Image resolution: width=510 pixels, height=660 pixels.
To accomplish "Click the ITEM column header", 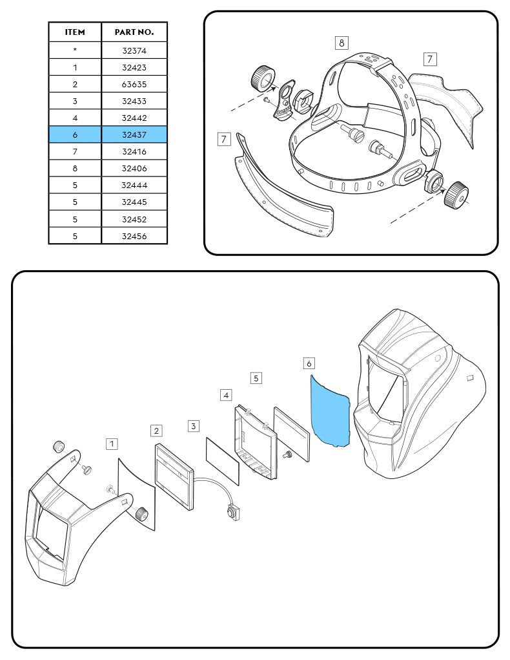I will pyautogui.click(x=75, y=32).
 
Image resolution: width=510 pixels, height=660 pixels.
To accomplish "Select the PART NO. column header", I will pyautogui.click(x=134, y=32).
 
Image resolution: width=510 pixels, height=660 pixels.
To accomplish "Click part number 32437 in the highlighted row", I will pyautogui.click(x=134, y=135).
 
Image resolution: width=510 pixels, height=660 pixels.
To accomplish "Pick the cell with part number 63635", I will pyautogui.click(x=134, y=84).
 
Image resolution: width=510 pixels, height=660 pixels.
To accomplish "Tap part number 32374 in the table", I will pyautogui.click(x=134, y=50).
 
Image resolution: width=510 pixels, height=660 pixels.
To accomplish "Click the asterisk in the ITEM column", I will pyautogui.click(x=75, y=50).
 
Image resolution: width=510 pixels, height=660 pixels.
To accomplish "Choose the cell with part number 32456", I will pyautogui.click(x=134, y=237).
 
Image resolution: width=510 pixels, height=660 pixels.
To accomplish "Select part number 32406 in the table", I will pyautogui.click(x=134, y=169).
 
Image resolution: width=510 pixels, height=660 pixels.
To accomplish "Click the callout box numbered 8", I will pyautogui.click(x=342, y=43).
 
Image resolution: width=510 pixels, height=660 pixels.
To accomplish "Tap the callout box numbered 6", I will pyautogui.click(x=309, y=363).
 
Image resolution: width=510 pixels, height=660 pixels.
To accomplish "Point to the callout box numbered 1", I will pyautogui.click(x=112, y=443).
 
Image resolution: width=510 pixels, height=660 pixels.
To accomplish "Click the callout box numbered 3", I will pyautogui.click(x=194, y=426).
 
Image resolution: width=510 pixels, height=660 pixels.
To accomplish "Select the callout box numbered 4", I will pyautogui.click(x=226, y=394).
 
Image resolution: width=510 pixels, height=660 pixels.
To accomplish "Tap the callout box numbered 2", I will pyautogui.click(x=156, y=430).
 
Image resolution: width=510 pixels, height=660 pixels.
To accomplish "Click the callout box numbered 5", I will pyautogui.click(x=256, y=378).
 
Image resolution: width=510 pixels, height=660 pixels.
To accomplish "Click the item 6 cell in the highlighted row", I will pyautogui.click(x=75, y=135).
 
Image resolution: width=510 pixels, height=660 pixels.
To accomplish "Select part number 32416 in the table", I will pyautogui.click(x=134, y=152).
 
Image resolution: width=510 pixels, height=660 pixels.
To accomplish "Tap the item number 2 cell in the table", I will pyautogui.click(x=75, y=84).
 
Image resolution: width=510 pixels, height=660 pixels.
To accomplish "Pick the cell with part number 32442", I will pyautogui.click(x=134, y=118).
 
